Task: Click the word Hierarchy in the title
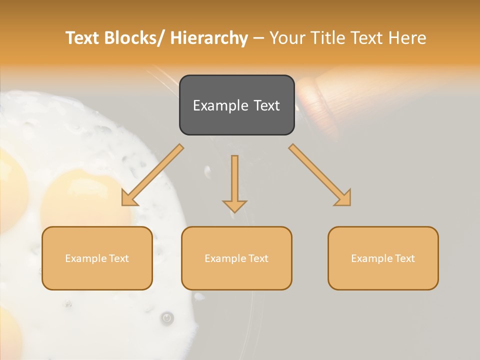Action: [x=209, y=38]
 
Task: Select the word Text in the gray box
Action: [x=265, y=105]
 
